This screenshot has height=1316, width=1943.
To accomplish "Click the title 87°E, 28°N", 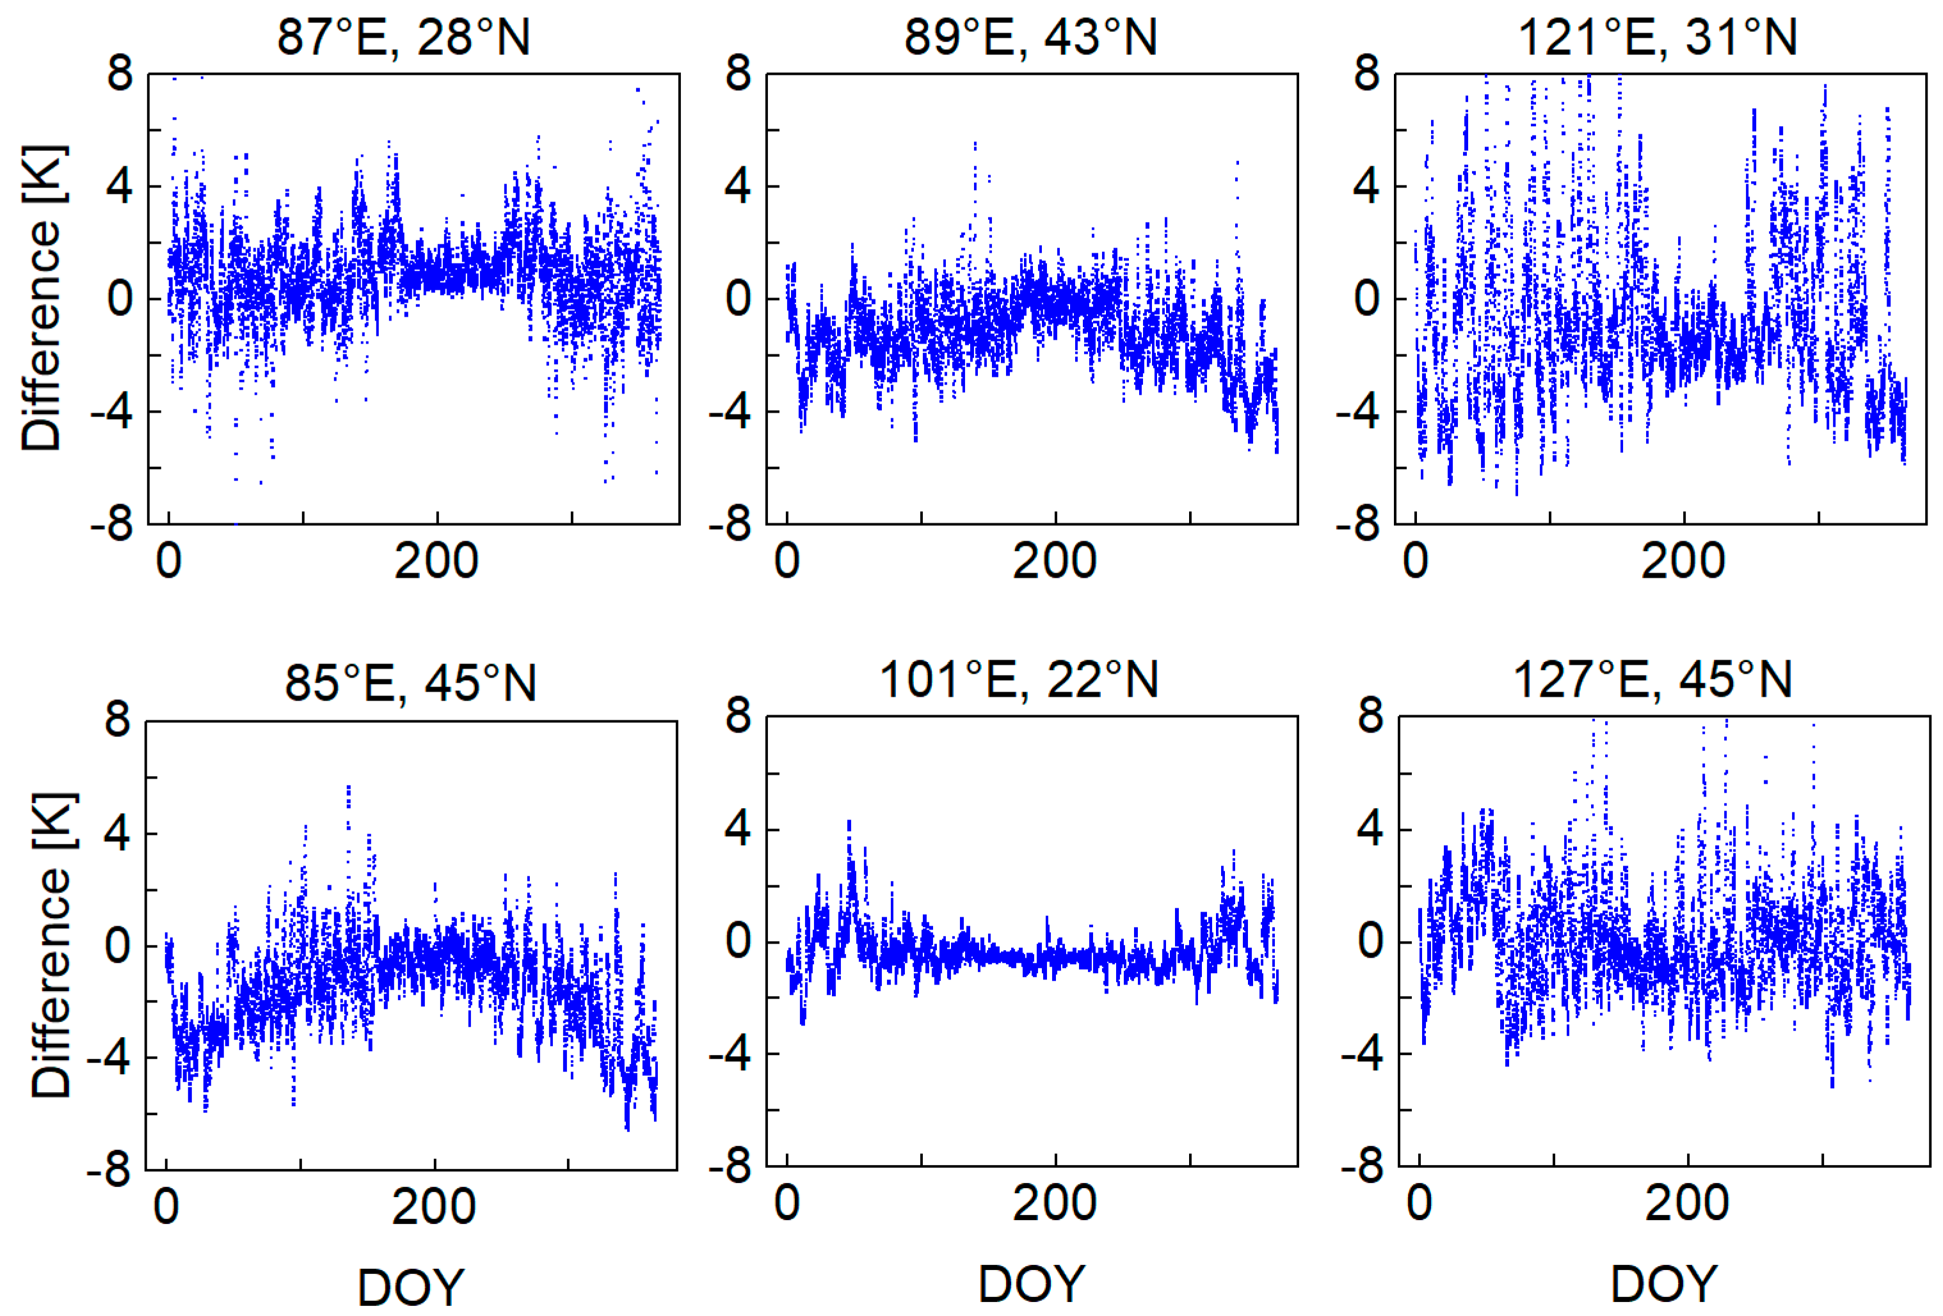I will click(403, 38).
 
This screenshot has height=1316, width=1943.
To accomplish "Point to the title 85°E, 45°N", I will click(410, 683).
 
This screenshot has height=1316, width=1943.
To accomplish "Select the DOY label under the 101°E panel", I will click(1032, 1284).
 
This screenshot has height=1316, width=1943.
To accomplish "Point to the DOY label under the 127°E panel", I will click(1664, 1284).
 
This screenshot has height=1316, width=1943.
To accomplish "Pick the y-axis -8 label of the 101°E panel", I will click(729, 1166).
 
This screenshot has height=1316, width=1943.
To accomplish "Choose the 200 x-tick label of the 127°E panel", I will click(1686, 1204).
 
